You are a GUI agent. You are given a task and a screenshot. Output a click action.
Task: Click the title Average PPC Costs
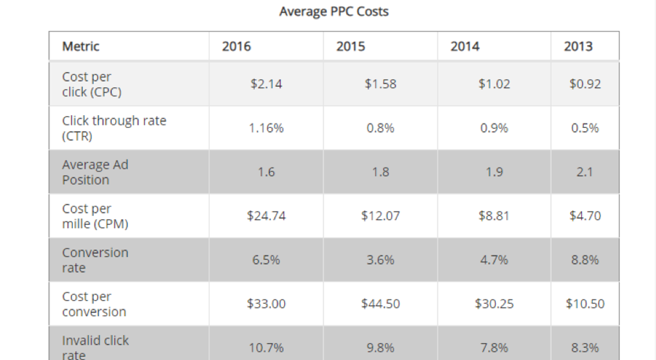[334, 12]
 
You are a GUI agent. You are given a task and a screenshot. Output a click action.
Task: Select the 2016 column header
[237, 46]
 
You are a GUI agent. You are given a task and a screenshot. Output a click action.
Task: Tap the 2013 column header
[578, 46]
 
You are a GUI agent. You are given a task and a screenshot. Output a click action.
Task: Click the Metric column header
[81, 46]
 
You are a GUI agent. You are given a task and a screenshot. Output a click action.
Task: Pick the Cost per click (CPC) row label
[92, 84]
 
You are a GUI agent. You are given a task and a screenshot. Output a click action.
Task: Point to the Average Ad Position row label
[95, 172]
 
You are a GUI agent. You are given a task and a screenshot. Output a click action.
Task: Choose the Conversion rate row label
[95, 260]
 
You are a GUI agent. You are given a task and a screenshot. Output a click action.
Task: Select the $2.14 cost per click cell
[266, 84]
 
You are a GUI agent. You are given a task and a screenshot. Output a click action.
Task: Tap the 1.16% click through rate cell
[266, 128]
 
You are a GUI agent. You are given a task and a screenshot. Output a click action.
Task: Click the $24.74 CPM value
[266, 216]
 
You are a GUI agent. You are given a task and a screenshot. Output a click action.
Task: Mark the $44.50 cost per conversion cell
[381, 303]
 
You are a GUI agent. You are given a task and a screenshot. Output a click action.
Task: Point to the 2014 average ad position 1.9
[495, 172]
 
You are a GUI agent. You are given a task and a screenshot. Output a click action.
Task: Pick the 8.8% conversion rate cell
[585, 260]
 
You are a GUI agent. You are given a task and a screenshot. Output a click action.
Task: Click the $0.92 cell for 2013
[585, 84]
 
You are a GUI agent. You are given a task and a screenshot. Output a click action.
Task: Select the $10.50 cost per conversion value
[585, 303]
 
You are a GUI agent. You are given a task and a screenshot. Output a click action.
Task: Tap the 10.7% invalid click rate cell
[266, 348]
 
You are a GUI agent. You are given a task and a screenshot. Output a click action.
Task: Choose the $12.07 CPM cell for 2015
[381, 216]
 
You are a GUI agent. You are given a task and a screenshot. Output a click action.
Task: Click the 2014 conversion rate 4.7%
[495, 260]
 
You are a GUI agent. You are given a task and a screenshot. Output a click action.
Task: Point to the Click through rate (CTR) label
[114, 128]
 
